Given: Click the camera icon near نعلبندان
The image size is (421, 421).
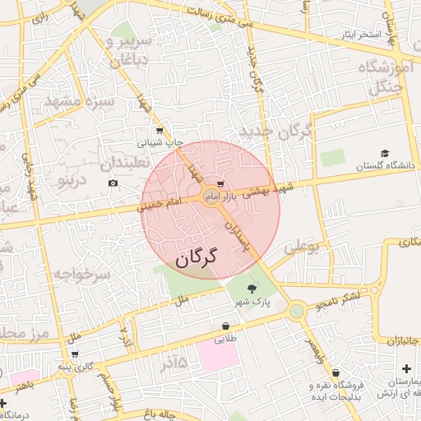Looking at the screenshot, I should (113, 183).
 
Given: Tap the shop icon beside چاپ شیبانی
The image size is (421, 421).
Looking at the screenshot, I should (159, 130).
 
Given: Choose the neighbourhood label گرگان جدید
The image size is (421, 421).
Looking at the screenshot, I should (275, 131).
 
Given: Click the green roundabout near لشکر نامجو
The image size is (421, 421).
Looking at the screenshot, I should (295, 312).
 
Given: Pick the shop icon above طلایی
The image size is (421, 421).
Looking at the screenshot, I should (225, 326).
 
